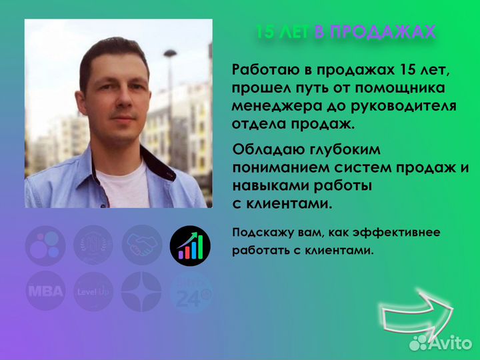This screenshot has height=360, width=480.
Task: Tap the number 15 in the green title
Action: pos(265,32)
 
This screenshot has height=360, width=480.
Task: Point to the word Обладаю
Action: pos(265,151)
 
